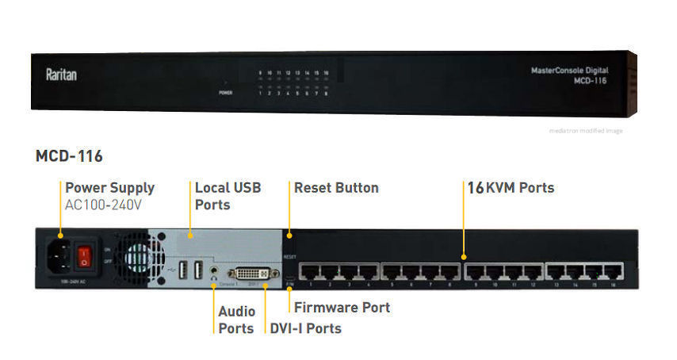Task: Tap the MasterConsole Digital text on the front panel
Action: click(568, 71)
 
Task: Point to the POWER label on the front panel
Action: click(226, 93)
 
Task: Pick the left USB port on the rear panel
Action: click(182, 270)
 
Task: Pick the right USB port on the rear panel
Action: click(198, 270)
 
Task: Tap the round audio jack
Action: click(216, 271)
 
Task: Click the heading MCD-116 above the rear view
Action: click(69, 155)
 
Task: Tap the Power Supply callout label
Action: click(109, 188)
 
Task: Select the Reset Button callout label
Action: click(336, 188)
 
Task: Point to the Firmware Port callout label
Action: click(342, 307)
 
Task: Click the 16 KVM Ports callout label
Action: click(510, 188)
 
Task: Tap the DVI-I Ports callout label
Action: click(305, 328)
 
